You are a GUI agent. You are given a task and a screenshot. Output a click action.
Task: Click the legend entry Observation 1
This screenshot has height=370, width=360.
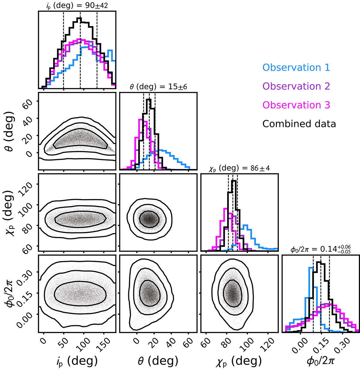296,68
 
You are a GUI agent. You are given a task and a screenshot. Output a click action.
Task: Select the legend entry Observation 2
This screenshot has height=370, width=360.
296,86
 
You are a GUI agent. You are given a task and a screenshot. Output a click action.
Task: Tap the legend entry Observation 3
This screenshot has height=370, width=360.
296,105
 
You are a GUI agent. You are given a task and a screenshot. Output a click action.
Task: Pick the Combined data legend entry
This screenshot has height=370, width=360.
299,123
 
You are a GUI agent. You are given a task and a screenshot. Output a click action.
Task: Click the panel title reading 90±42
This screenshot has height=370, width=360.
77,5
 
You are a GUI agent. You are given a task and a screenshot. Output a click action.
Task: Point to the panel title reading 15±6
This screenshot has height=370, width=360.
158,87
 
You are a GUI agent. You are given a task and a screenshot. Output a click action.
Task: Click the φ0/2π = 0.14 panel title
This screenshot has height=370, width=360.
320,250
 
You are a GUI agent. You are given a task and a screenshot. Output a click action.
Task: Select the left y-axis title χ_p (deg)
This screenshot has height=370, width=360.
11,212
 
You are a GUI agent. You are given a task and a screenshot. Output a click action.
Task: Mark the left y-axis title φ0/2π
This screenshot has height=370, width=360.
11,293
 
